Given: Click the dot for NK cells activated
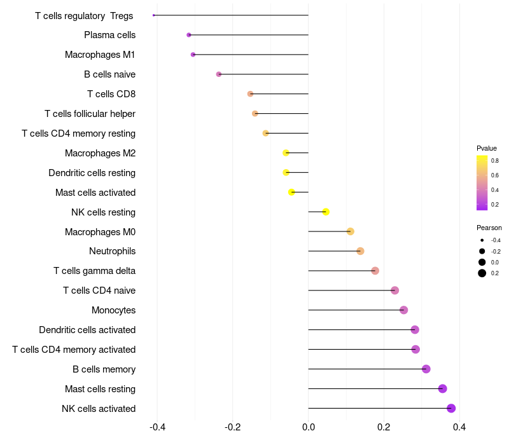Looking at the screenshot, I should pos(451,408).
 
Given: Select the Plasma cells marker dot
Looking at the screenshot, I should pos(189,35).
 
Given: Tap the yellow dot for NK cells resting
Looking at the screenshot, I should pos(326,212).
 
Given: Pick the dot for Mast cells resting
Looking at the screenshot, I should pos(443,388).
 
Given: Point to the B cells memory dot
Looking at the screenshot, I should pos(426,369).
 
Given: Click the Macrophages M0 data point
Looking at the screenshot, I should pos(351,231).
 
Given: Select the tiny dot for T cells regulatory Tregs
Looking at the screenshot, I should pos(154,15).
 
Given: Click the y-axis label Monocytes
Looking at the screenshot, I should pos(113,310).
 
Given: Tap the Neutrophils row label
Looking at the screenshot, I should pos(112,251).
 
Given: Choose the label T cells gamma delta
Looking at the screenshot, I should pos(94,271).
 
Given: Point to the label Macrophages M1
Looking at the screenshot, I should pos(100,55).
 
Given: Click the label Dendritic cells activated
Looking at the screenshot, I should pos(87,330).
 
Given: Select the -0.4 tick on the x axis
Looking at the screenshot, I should pos(157,427).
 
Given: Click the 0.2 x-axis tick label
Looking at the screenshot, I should pos(384,427).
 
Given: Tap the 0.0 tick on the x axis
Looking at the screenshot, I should pos(309,427).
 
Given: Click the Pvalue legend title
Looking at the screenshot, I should pos(487,148).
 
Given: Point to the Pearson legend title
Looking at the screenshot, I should pos(489,228).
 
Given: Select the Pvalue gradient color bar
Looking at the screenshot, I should pos(482,182).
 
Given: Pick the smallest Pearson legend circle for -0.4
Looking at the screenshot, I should pos(482,240).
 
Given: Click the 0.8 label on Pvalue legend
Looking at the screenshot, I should pos(495,161).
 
